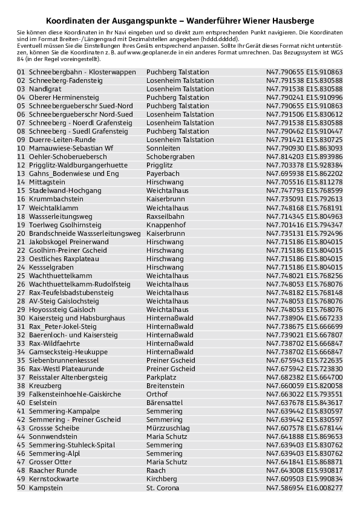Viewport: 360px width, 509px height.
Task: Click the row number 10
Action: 21,148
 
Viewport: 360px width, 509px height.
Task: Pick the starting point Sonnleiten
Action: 163,148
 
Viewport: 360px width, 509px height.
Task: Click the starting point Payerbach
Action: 163,173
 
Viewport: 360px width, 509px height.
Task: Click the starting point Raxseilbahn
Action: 165,216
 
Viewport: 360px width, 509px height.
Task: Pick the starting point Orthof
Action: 157,394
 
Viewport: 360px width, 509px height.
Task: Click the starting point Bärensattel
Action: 165,403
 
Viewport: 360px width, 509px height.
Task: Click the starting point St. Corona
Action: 163,487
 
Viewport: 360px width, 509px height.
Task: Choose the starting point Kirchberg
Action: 162,479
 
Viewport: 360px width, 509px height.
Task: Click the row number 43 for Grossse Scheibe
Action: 21,428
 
